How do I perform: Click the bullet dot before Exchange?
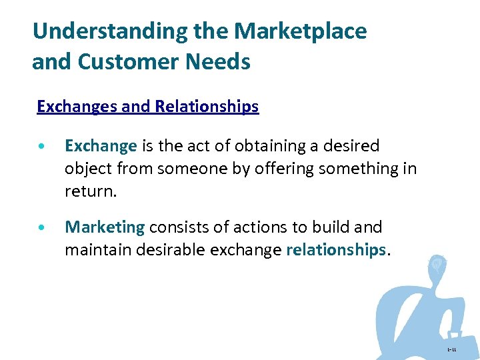[42, 147]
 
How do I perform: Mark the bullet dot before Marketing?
[42, 228]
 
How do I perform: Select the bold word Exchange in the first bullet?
[101, 146]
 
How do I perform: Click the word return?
[90, 192]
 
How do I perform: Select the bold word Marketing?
[105, 227]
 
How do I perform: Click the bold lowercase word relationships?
[336, 250]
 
